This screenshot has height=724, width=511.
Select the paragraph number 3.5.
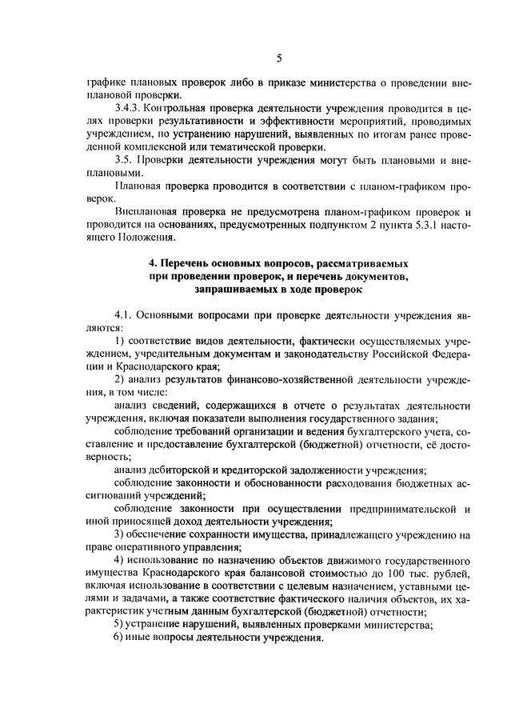pyautogui.click(x=124, y=159)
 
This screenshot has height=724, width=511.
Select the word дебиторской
pyautogui.click(x=174, y=470)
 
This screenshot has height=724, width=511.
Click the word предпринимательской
pyautogui.click(x=403, y=509)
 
